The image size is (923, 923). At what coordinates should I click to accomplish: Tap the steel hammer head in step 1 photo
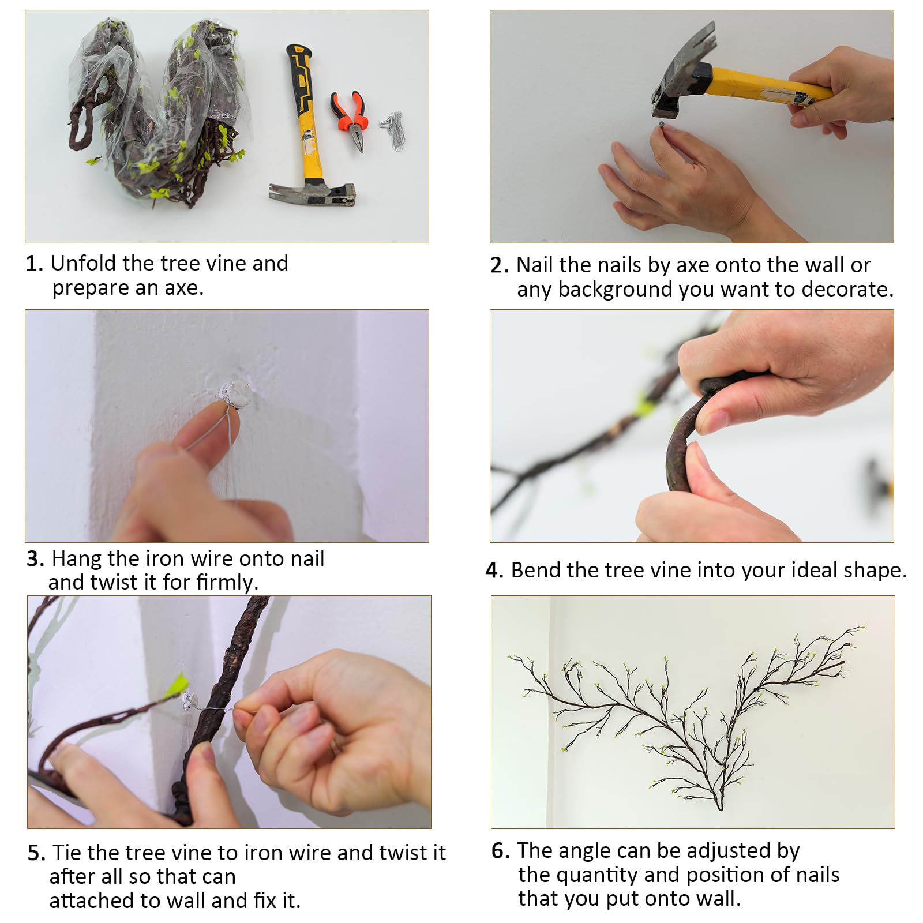(x=312, y=193)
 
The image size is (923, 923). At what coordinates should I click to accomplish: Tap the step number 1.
(x=34, y=264)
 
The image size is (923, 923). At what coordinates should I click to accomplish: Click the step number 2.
(x=499, y=265)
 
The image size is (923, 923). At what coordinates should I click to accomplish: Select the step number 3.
(x=35, y=559)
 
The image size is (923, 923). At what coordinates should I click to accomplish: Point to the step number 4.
(x=494, y=571)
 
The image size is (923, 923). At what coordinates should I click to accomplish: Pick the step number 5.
(x=36, y=853)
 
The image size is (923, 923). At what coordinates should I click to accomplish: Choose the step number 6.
(x=501, y=851)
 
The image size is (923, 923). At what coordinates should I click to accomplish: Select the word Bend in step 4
(x=536, y=570)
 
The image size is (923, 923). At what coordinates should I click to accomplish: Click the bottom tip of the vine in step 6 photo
(x=719, y=808)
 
